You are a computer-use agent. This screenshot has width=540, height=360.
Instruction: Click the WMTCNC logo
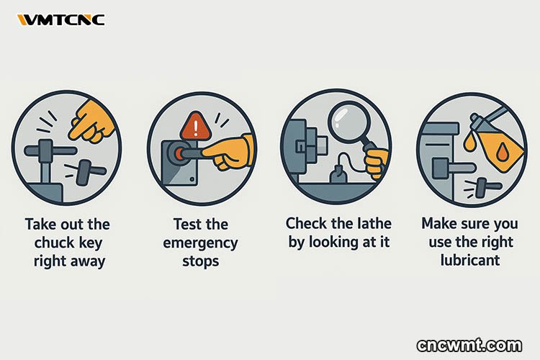[61, 20]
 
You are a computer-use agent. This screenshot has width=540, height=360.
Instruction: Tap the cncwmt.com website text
[469, 345]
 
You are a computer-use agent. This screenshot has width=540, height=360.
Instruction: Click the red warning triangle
[195, 126]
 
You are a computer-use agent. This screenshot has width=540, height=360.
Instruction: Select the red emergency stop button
[178, 153]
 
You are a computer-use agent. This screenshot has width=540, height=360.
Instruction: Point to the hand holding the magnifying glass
[377, 162]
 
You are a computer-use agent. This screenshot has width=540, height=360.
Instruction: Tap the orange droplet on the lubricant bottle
[503, 153]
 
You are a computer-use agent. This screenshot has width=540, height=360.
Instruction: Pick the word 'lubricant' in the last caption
[469, 260]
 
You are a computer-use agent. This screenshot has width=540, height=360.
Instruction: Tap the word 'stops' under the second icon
[200, 261]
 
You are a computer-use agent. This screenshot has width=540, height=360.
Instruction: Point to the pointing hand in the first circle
[92, 121]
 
